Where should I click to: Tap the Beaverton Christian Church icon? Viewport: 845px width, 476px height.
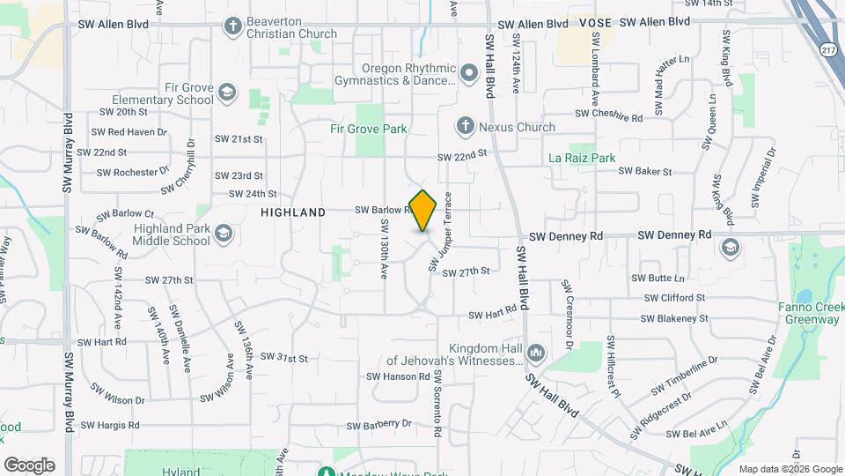coord(233,26)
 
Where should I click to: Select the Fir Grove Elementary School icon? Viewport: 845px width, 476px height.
coord(227,93)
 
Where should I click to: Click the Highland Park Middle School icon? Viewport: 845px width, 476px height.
coord(224,234)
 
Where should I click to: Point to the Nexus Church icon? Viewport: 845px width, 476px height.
coord(465,127)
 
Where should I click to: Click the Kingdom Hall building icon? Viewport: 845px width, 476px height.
coord(536,354)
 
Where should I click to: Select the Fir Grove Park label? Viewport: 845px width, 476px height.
coord(368,129)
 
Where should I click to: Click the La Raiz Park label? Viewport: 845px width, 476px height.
coord(581,158)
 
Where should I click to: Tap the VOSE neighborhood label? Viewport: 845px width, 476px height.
coord(594,22)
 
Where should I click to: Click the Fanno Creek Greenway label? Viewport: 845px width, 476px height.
coord(811,314)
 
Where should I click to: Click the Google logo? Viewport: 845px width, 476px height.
coord(29,465)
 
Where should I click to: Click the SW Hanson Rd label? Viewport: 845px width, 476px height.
coord(400,376)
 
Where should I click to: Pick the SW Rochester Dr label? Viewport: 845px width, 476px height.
coord(134,172)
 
